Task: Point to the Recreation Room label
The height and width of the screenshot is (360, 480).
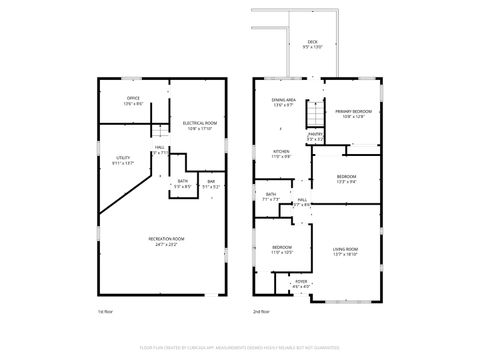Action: pos(166,240)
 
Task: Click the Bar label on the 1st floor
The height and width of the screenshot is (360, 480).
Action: pos(211,183)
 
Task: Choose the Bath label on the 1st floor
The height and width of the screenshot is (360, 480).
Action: pos(182,183)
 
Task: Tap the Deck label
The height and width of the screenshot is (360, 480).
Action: pos(313,43)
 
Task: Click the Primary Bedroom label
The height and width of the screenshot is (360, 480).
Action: pos(352,112)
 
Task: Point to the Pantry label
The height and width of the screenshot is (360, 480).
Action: pos(315,135)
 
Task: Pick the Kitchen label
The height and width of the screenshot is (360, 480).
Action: pos(282,154)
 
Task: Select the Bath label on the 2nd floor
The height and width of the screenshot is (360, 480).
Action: pos(271,196)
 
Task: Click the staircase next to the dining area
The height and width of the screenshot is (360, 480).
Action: pos(315,111)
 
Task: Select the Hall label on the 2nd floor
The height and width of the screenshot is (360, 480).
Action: pos(302,202)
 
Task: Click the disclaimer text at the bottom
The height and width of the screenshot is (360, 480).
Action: pos(240,347)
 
